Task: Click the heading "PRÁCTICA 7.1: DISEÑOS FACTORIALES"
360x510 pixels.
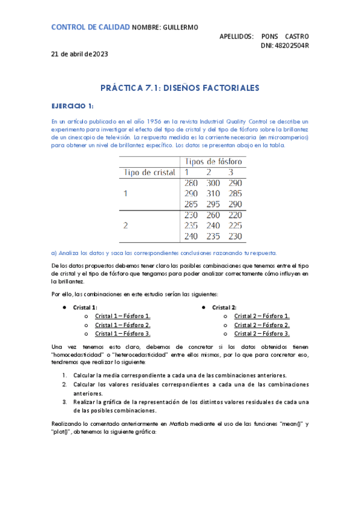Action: click(x=180, y=88)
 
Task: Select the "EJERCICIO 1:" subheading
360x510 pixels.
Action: click(x=72, y=106)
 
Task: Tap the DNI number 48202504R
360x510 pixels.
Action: click(x=285, y=46)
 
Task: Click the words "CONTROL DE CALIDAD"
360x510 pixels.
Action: click(x=90, y=28)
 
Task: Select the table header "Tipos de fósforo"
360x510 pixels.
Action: click(x=214, y=162)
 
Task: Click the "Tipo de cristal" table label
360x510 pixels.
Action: click(x=149, y=172)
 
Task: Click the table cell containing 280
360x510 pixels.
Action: click(x=191, y=183)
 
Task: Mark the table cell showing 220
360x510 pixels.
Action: click(x=235, y=215)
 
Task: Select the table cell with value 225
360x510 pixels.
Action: click(x=235, y=226)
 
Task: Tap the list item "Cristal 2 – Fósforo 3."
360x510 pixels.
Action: click(x=262, y=333)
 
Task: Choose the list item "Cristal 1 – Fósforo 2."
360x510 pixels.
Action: click(x=123, y=325)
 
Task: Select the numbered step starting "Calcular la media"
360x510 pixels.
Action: click(x=180, y=375)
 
